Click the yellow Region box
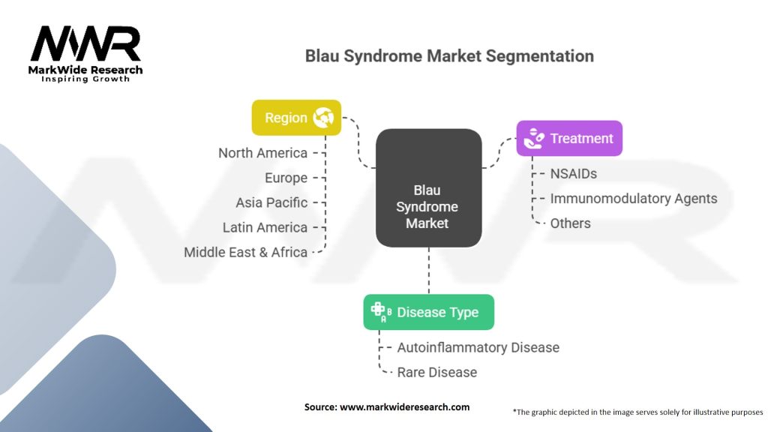pos(296,118)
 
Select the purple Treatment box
pos(568,139)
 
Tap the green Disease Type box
pos(428,312)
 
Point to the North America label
pos(262,153)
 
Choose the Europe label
pos(286,178)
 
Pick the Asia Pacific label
pos(271,202)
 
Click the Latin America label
pos(265,227)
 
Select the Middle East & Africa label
pos(245,252)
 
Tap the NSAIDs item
pos(574,174)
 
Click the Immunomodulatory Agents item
pos(634,199)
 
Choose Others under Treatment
pos(570,223)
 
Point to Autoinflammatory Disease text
pos(478,347)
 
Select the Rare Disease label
pos(436,372)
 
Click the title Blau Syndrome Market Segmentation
pos(449,56)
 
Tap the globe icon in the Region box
pos(324,118)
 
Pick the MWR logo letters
pos(85,45)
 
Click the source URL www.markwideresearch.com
pos(405,407)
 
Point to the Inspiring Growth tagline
pos(85,79)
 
